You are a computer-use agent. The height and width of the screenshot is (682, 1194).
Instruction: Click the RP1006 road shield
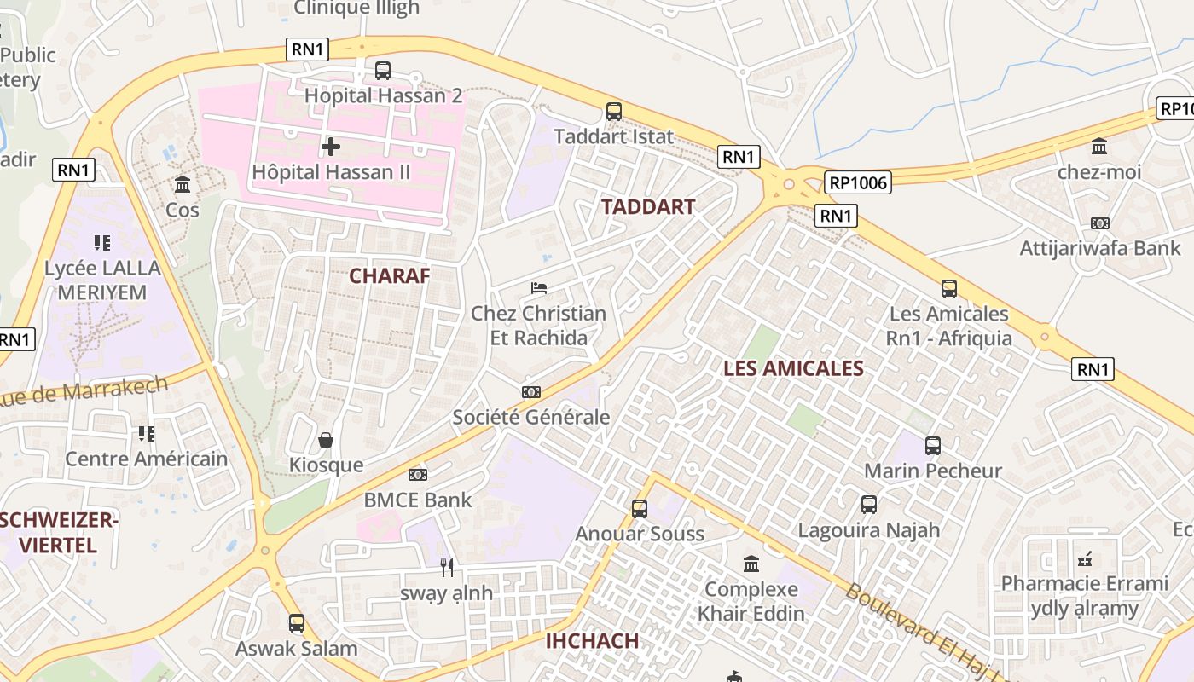[x=858, y=182]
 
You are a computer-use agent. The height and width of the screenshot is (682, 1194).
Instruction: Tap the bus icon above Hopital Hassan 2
[x=383, y=71]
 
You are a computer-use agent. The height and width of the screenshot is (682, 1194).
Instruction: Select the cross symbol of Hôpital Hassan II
[x=331, y=147]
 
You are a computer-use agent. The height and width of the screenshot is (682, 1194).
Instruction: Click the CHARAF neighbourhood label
[x=389, y=275]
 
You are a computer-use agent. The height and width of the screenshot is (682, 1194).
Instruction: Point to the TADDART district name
[x=648, y=206]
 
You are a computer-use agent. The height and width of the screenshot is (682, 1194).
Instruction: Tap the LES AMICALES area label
[x=793, y=368]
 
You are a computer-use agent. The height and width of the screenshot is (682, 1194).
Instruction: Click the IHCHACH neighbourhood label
[x=592, y=641]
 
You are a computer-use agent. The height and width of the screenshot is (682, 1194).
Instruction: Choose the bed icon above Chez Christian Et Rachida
[x=539, y=288]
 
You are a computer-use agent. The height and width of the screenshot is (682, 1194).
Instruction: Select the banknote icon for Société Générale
[x=531, y=392]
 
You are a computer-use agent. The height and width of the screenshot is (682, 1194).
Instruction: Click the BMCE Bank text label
[x=418, y=500]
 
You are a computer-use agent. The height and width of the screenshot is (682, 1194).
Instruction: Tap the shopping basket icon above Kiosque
[x=325, y=440]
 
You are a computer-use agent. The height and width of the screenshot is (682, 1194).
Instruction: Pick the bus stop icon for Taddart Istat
[x=614, y=111]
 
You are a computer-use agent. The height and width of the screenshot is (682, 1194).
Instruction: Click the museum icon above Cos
[x=183, y=184]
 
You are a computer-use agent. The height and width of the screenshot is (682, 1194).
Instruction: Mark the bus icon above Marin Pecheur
[x=933, y=445]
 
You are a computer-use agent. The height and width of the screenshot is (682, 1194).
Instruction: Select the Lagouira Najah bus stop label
[x=868, y=529]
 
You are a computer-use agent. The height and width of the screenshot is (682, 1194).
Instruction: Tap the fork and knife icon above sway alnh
[x=447, y=568]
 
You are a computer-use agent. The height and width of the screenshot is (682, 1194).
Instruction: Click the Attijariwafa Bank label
[x=1100, y=249]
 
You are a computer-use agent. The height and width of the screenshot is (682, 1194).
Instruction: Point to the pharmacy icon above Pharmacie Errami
[x=1085, y=559]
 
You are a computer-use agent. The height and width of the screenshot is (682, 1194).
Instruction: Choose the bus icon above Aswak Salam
[x=297, y=623]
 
